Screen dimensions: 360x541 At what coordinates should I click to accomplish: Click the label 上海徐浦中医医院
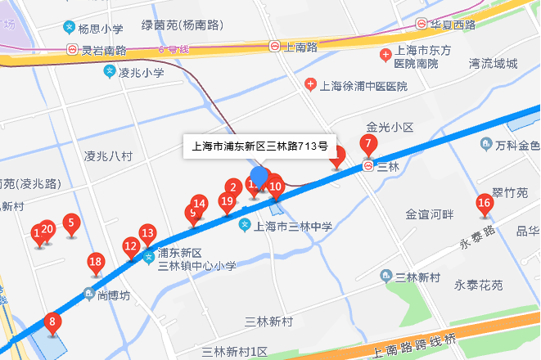[x=363, y=85]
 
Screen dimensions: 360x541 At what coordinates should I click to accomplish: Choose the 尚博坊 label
[x=114, y=295]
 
